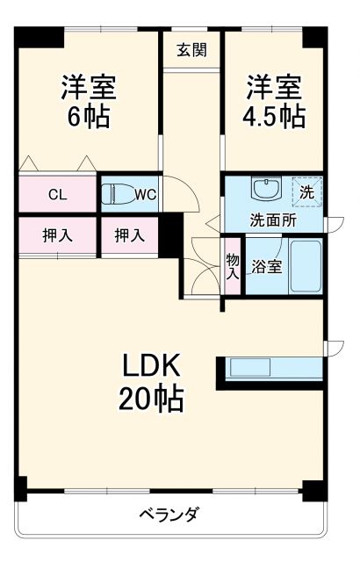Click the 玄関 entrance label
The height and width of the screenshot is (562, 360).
191,50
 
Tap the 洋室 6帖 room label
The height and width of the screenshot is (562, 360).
89,103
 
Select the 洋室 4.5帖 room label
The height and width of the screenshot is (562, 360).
275,103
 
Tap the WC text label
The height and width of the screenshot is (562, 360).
146,195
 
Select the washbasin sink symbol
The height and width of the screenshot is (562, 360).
263,189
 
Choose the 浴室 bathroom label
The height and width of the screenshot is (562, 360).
267,266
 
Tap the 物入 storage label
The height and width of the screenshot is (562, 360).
233,266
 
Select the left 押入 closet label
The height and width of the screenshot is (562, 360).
57,235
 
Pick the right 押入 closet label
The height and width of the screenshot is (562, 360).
129,235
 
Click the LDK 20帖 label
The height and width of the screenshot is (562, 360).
151,381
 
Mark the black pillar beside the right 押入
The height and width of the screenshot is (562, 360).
169,235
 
